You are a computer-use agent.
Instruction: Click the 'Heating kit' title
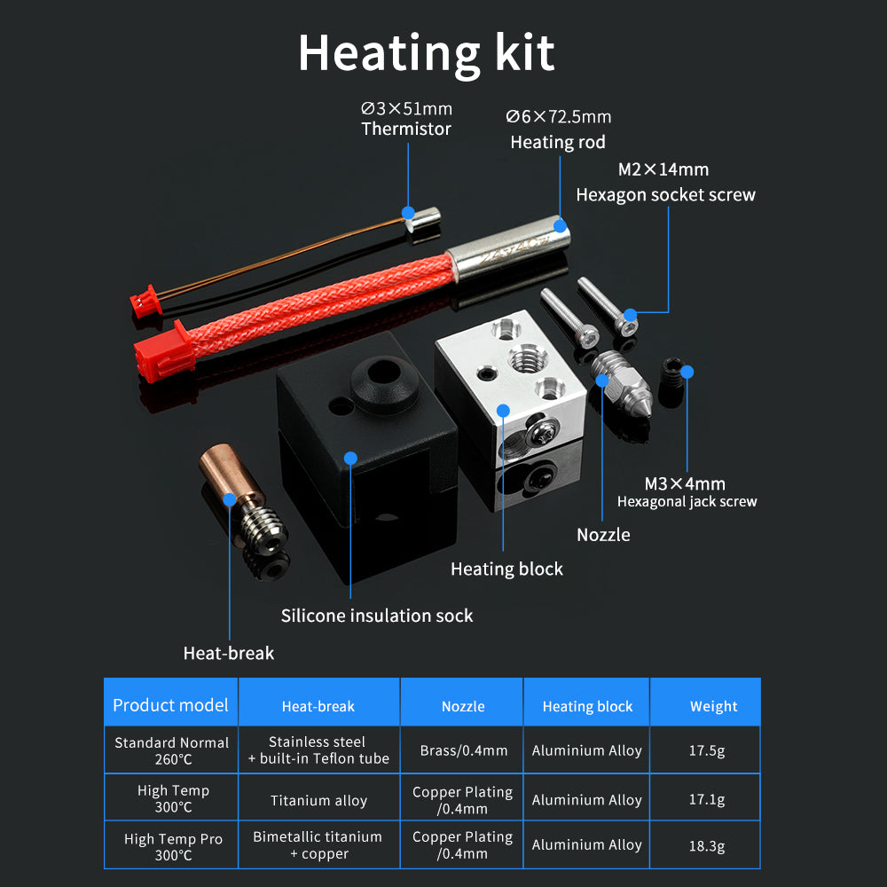click(x=426, y=53)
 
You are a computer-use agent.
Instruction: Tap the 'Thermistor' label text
click(x=406, y=129)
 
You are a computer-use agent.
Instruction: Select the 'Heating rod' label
click(x=558, y=142)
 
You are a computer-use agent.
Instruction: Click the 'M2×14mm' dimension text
click(x=663, y=169)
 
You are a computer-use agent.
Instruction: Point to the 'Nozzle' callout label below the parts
click(x=603, y=534)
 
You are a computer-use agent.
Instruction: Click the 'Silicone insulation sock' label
click(x=377, y=615)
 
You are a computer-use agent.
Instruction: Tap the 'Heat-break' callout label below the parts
click(x=228, y=653)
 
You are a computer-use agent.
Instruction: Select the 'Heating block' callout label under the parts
click(x=506, y=569)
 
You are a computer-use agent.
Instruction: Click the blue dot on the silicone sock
click(x=350, y=459)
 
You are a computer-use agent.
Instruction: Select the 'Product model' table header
click(x=170, y=705)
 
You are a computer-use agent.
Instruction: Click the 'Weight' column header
click(x=713, y=706)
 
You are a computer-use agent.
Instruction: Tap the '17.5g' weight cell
click(x=707, y=750)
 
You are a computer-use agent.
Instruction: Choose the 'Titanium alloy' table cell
click(x=318, y=800)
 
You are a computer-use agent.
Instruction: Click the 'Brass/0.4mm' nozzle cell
click(x=463, y=750)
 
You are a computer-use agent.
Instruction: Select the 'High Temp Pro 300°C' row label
click(x=173, y=846)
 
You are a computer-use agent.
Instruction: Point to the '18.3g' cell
click(x=707, y=846)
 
